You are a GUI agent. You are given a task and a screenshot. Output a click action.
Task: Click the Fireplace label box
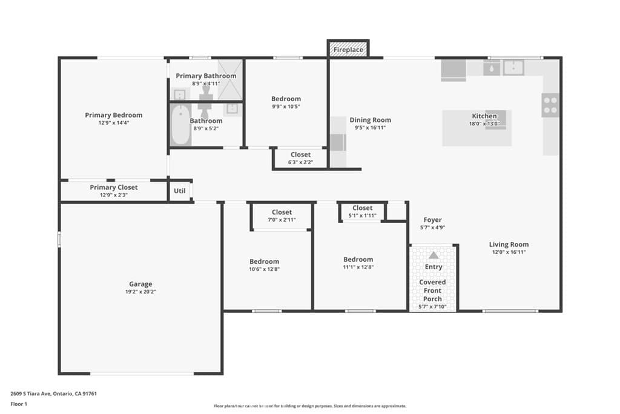pyautogui.click(x=348, y=49)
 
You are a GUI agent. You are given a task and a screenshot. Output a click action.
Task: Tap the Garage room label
pyautogui.click(x=140, y=284)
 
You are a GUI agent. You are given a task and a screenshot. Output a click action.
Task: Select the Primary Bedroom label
pyautogui.click(x=114, y=115)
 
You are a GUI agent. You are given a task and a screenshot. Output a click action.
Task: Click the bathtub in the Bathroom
pyautogui.click(x=180, y=125)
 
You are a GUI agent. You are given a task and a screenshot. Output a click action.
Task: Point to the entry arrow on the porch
pyautogui.click(x=434, y=255)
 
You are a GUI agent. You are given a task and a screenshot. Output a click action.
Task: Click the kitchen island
pyautogui.click(x=477, y=128)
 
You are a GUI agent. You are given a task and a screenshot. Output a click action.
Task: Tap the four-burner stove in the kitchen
pyautogui.click(x=550, y=105)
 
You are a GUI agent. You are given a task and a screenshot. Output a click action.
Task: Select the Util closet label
pyautogui.click(x=180, y=190)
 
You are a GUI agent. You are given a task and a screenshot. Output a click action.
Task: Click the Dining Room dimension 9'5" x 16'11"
pyautogui.click(x=370, y=128)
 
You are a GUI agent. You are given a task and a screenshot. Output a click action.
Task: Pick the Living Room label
pyautogui.click(x=509, y=245)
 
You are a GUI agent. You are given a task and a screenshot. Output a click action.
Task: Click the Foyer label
pyautogui.click(x=432, y=220)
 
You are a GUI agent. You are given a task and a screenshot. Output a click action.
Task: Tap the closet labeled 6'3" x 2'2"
pyautogui.click(x=300, y=158)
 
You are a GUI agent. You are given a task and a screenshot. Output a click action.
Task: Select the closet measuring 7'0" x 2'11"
pyautogui.click(x=282, y=216)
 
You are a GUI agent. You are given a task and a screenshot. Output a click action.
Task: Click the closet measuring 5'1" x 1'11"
pyautogui.click(x=362, y=212)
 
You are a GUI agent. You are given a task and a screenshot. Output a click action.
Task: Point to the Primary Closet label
pyautogui.click(x=114, y=187)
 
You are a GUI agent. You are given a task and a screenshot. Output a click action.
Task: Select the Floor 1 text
pyautogui.click(x=20, y=403)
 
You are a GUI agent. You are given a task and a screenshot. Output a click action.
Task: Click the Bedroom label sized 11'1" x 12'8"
pyautogui.click(x=358, y=259)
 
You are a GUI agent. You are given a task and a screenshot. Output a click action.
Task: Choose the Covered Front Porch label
pyautogui.click(x=432, y=290)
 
